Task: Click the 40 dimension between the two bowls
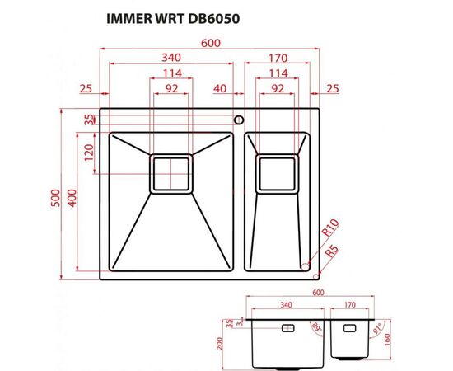pyautogui.click(x=219, y=88)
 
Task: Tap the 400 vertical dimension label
pyautogui.click(x=72, y=198)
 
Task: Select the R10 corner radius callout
pyautogui.click(x=331, y=228)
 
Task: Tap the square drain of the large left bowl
pyautogui.click(x=170, y=173)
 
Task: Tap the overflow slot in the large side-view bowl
pyautogui.click(x=290, y=327)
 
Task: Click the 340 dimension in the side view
pyautogui.click(x=285, y=305)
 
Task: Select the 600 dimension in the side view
pyautogui.click(x=318, y=291)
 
